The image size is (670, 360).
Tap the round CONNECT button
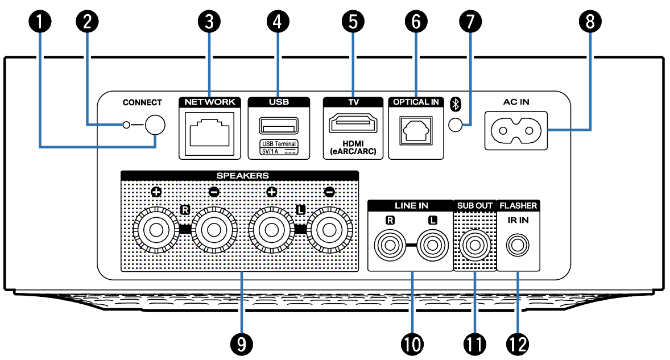click(155, 125)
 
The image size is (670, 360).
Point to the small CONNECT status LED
click(127, 125)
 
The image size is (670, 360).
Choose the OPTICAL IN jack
click(415, 130)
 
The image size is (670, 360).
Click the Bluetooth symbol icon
click(454, 104)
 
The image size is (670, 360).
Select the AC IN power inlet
click(516, 131)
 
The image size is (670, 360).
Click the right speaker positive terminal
click(155, 230)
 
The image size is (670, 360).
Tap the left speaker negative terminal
click(329, 230)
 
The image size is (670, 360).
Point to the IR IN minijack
click(518, 245)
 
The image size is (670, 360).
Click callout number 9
click(241, 343)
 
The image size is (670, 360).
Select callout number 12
click(518, 343)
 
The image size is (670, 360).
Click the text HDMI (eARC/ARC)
click(353, 147)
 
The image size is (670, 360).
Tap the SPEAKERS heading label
click(242, 175)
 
